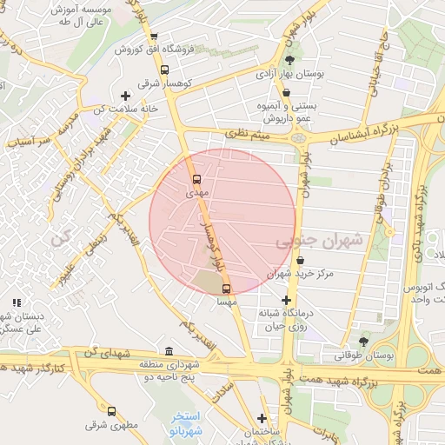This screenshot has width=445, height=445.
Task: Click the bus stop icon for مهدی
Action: point(197,180)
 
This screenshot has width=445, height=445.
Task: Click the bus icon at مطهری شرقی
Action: point(111,410)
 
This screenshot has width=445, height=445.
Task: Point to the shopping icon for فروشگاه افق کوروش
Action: point(154,37)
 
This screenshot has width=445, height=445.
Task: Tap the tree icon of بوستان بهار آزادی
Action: point(289,60)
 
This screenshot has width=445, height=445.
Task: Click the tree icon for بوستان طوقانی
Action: point(362,340)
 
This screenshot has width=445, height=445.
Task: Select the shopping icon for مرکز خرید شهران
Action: point(300,260)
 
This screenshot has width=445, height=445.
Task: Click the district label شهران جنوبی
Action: point(309,242)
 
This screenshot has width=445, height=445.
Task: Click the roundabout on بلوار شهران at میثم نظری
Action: point(299,137)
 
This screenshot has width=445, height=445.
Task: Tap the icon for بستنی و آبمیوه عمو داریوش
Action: point(286,91)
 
